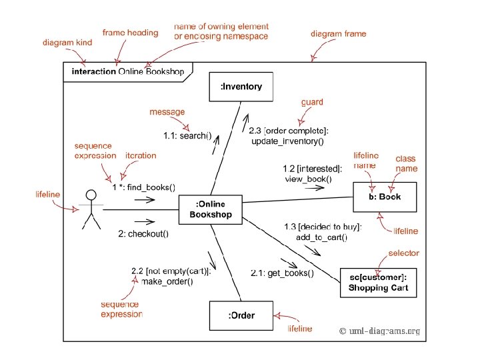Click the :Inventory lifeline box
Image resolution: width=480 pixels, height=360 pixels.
pos(241,86)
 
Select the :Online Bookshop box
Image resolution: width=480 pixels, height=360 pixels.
pos(211,209)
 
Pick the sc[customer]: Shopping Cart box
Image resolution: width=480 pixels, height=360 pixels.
pos(378,282)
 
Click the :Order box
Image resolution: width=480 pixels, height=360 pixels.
pos(241,315)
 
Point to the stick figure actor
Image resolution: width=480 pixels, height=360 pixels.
pos(90,210)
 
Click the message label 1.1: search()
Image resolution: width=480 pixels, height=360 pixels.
pos(188,136)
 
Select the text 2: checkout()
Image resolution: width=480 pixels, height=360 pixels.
pos(143,233)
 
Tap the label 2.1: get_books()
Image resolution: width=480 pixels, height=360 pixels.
pos(282,273)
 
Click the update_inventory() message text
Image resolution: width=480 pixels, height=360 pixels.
pos(287,141)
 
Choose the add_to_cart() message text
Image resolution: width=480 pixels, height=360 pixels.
pos(321,237)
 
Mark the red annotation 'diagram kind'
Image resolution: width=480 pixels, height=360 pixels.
pos(67,43)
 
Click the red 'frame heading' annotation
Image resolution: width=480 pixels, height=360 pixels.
pos(130,33)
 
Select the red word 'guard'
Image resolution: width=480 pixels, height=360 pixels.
pos(312,103)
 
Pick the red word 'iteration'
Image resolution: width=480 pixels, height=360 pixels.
pos(141,155)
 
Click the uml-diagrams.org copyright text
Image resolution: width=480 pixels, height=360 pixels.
pos(379,331)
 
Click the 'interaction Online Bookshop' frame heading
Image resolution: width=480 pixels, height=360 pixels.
pos(128,71)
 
